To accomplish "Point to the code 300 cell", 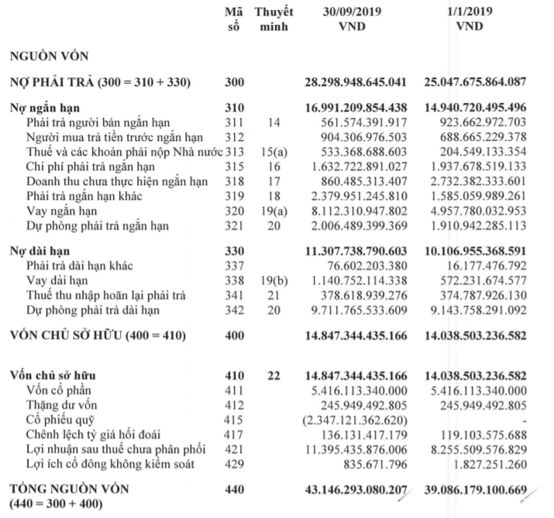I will point(233,82).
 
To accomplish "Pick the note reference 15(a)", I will point(271,152).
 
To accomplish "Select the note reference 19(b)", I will point(271,281).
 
